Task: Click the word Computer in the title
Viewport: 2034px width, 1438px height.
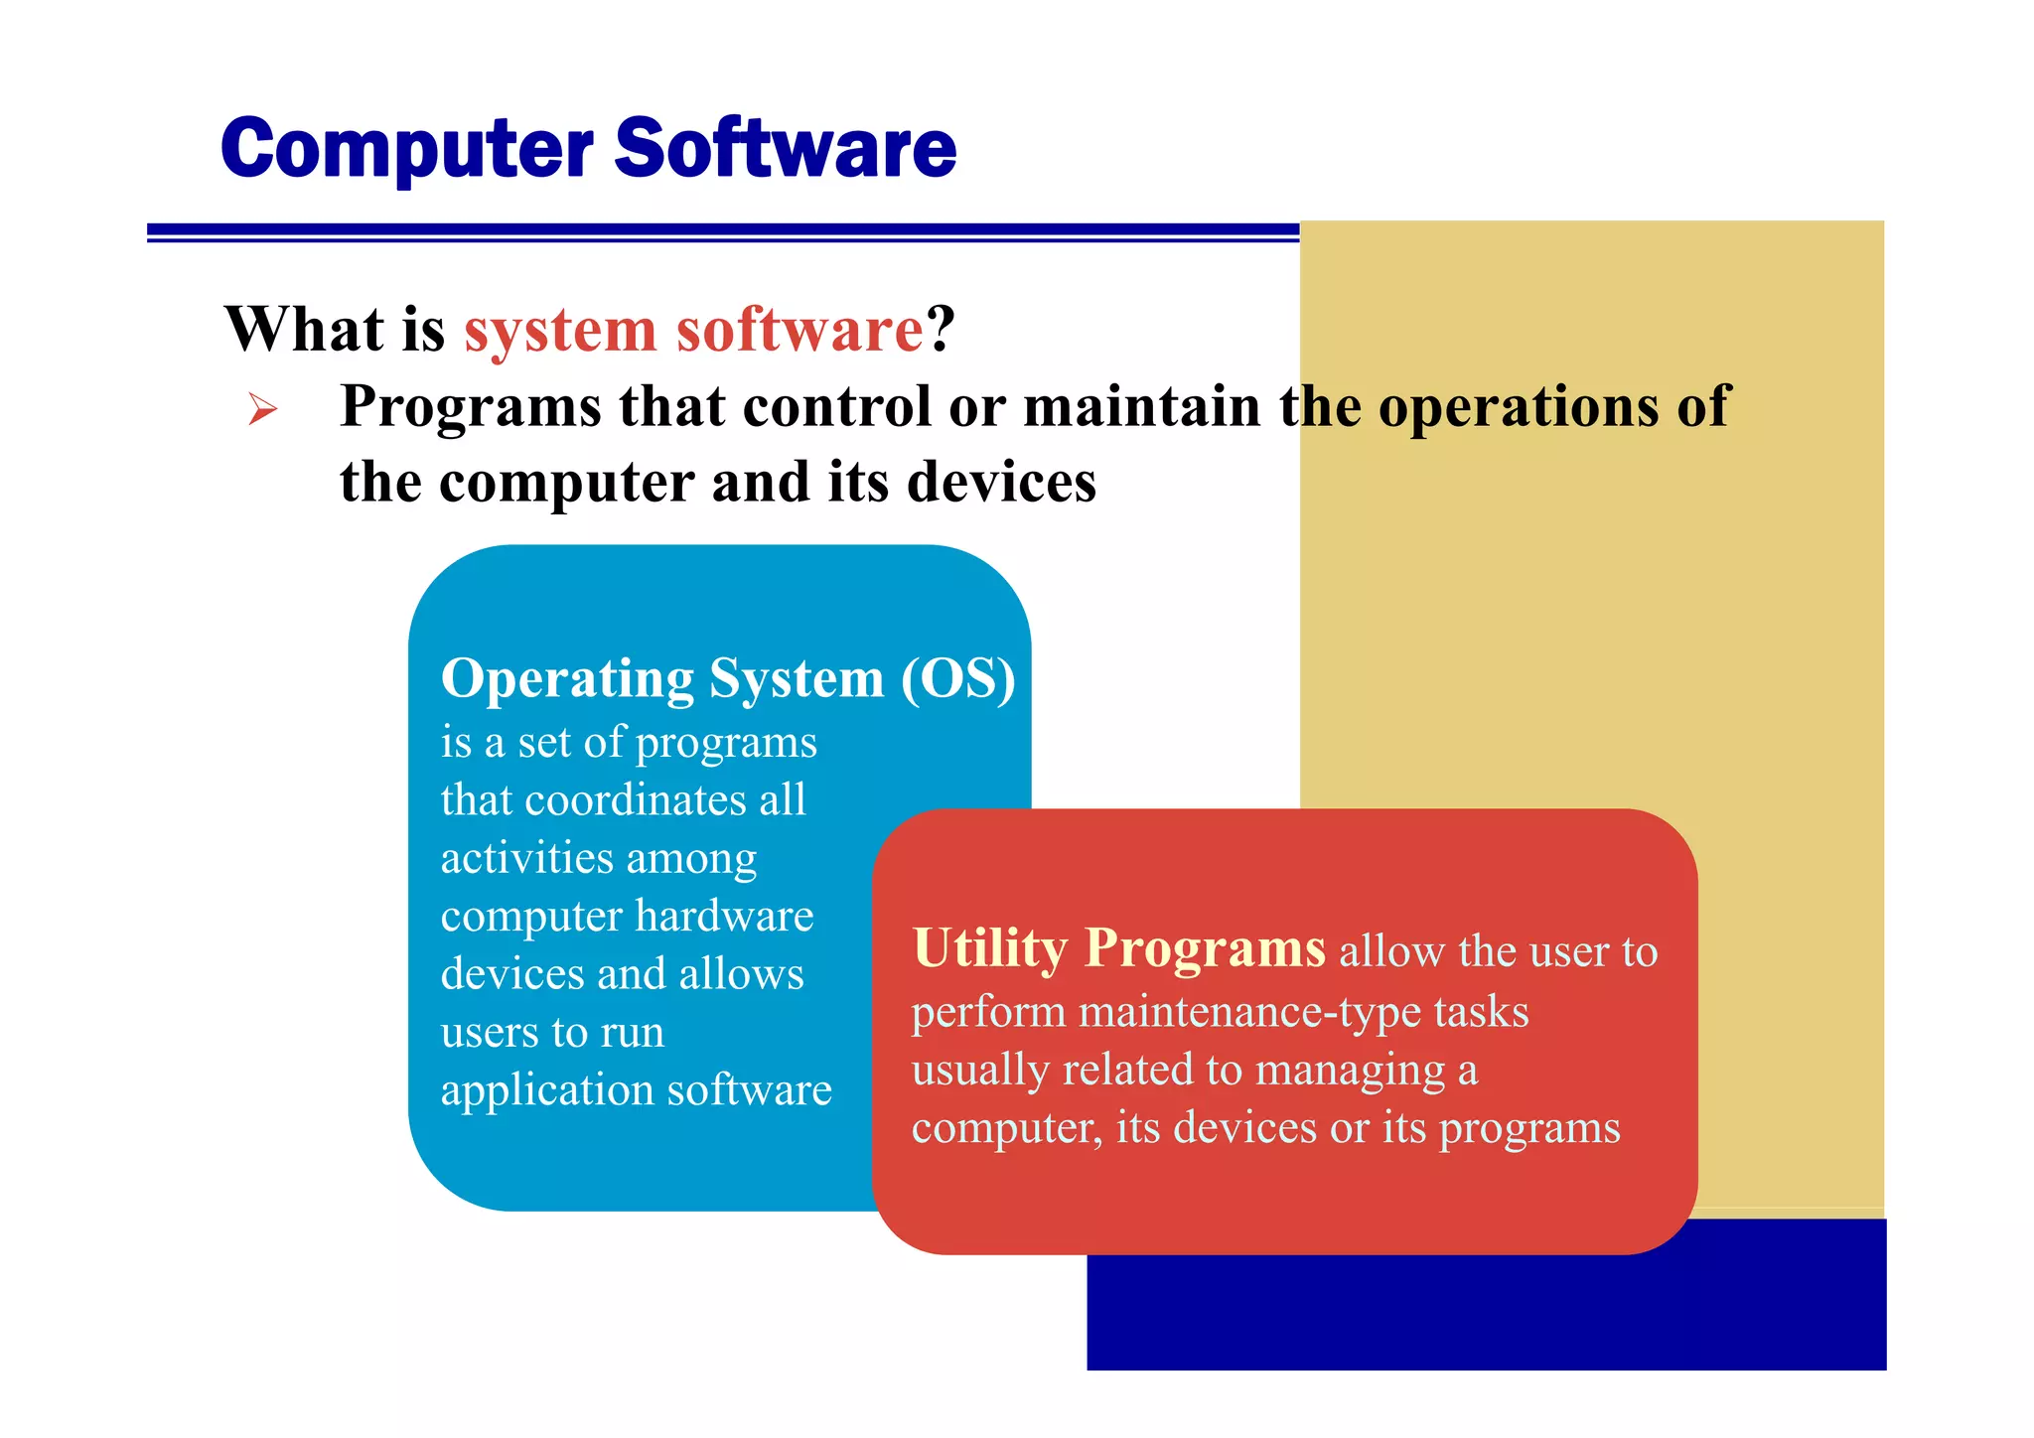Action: (x=407, y=149)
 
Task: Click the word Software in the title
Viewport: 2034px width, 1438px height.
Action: (x=785, y=149)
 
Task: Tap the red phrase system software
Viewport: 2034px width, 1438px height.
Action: (x=693, y=329)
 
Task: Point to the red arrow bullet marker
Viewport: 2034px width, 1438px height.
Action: (x=262, y=408)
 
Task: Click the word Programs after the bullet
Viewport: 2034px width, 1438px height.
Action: (x=471, y=407)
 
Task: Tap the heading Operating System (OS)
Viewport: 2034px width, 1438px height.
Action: (x=727, y=679)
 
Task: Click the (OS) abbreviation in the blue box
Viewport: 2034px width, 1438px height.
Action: (x=958, y=679)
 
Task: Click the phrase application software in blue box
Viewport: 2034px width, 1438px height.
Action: (x=636, y=1090)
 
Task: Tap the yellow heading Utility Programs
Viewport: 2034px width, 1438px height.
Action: (x=1118, y=948)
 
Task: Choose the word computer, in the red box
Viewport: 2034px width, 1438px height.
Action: (x=1007, y=1128)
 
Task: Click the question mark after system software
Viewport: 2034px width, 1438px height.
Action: (x=941, y=329)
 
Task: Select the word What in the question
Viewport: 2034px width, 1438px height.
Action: (x=304, y=329)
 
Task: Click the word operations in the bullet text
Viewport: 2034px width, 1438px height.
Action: (x=1519, y=407)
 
